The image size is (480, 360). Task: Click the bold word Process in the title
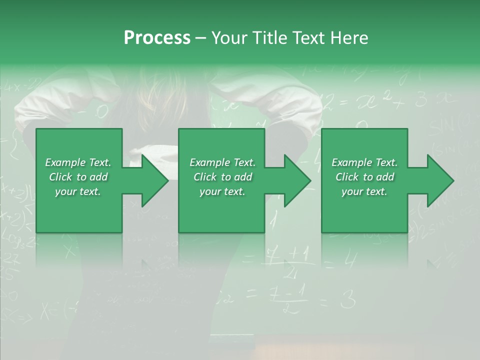(157, 38)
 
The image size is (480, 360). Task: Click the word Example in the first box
(64, 162)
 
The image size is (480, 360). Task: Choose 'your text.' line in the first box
(78, 191)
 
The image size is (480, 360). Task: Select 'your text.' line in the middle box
(222, 191)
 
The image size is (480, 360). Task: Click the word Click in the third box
(348, 177)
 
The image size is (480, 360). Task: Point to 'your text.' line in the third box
(364, 191)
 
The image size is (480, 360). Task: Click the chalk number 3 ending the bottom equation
(348, 300)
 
